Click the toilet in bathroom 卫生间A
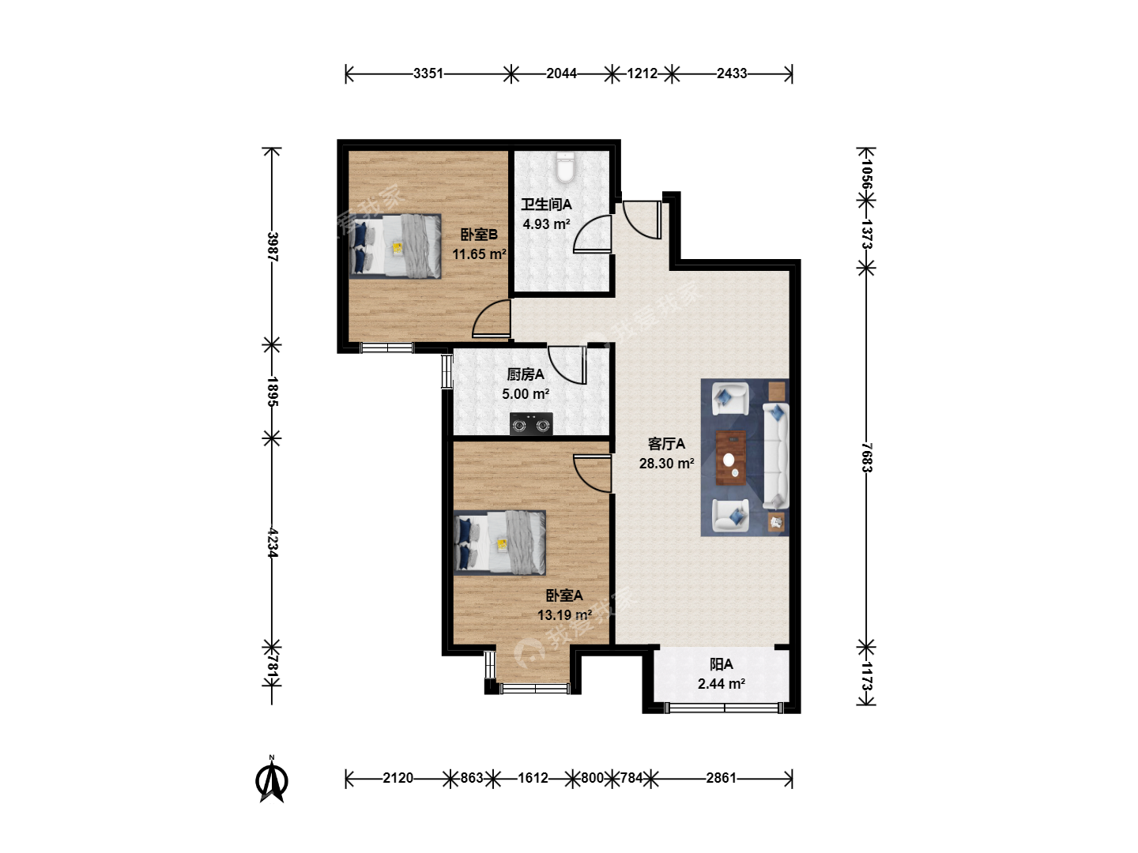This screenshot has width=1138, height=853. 564,167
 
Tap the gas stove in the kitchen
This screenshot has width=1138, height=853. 531,424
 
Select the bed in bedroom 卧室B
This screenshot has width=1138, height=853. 395,246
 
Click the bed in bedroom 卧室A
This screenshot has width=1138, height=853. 499,543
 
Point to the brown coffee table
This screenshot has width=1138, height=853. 731,458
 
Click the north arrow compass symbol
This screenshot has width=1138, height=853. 272,780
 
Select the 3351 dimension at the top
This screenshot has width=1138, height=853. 428,73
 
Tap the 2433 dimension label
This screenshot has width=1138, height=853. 732,73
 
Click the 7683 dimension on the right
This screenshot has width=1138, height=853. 867,457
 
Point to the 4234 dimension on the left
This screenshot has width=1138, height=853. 273,543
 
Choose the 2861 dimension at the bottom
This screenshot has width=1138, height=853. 721,778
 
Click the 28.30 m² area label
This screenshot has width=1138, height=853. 667,463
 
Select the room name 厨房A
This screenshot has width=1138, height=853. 526,374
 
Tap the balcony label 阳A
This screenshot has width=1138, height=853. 722,664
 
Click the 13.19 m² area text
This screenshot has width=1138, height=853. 564,614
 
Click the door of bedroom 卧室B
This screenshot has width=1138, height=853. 492,318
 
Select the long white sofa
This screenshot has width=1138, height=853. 775,456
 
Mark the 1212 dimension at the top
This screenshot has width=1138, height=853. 642,73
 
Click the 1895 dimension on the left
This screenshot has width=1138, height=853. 273,392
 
